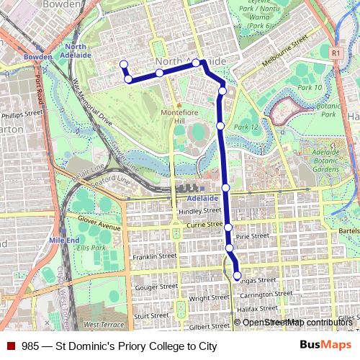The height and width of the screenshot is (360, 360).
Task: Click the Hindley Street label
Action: coord(200,211)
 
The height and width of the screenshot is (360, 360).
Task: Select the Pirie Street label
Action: coord(252,236)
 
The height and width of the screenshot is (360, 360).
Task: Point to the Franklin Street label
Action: coord(154,256)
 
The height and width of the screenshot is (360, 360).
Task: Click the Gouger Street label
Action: coord(156,287)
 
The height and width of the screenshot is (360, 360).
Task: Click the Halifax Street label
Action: coord(257,307)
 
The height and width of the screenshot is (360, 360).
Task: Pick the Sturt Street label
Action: coord(151,315)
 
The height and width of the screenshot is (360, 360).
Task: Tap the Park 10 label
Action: coord(310,87)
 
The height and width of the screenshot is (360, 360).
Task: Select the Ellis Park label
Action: coord(92,248)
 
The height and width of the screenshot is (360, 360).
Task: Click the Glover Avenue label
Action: coord(99,227)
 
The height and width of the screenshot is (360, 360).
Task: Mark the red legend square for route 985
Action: coord(11,346)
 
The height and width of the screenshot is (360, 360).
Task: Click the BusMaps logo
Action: coord(325,346)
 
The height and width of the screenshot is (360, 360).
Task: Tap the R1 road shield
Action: coord(336,53)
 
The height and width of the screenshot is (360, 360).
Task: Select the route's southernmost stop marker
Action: coord(238,275)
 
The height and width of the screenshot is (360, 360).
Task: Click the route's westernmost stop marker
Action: coord(123,64)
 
